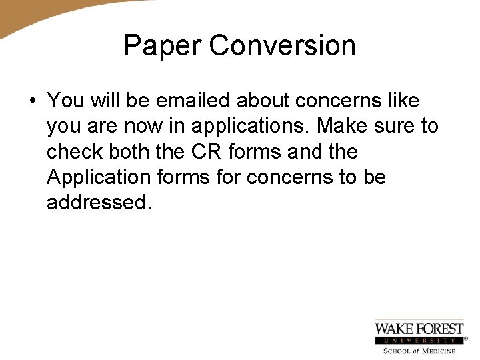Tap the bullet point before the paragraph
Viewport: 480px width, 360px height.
coord(31,101)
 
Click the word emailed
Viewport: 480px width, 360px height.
coord(194,101)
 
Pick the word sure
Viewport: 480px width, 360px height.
coord(398,126)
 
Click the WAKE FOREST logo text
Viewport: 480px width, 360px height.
coord(419,329)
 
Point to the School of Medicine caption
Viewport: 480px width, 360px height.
coord(419,351)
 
